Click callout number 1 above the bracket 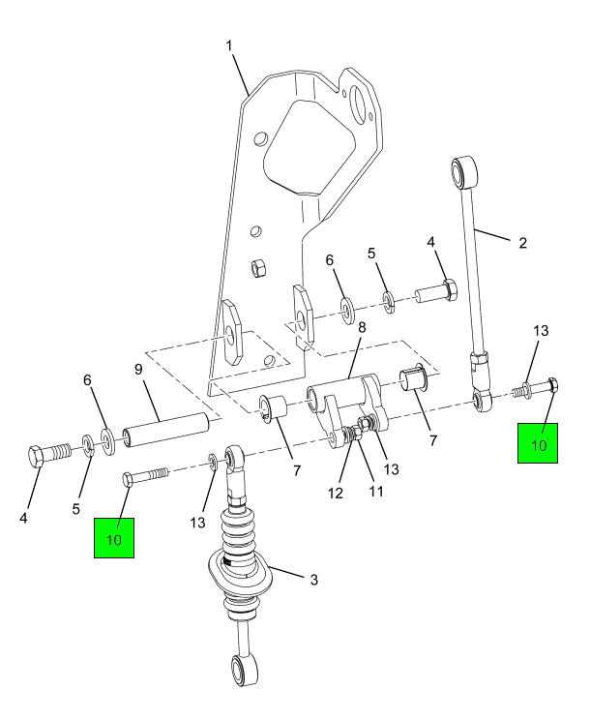pyautogui.click(x=229, y=46)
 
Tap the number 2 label pyautogui.click(x=523, y=243)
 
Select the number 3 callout pyautogui.click(x=313, y=580)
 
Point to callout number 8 pyautogui.click(x=362, y=328)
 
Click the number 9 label pyautogui.click(x=138, y=370)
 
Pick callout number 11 pyautogui.click(x=376, y=492)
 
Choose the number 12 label pyautogui.click(x=336, y=494)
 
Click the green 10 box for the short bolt pyautogui.click(x=538, y=443)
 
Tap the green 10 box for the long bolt pyautogui.click(x=114, y=538)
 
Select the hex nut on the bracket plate pyautogui.click(x=259, y=268)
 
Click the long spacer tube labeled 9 pyautogui.click(x=166, y=430)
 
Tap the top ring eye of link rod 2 pyautogui.click(x=463, y=171)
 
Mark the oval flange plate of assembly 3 pyautogui.click(x=240, y=573)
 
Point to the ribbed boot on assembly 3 pyautogui.click(x=239, y=532)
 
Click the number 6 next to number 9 pyautogui.click(x=87, y=379)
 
